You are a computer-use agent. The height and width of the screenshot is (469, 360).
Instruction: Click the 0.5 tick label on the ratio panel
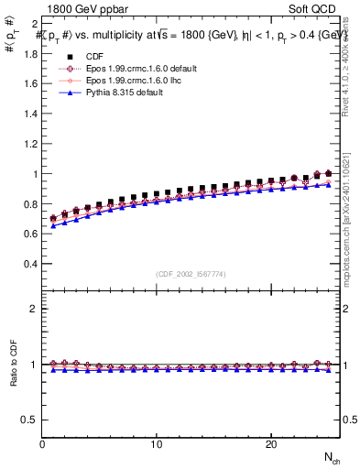point(29,420)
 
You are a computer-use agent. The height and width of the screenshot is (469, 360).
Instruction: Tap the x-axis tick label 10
point(157,444)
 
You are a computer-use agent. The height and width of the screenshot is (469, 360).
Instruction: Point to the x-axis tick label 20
point(271,444)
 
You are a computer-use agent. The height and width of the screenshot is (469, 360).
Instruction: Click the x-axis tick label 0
point(42,444)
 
